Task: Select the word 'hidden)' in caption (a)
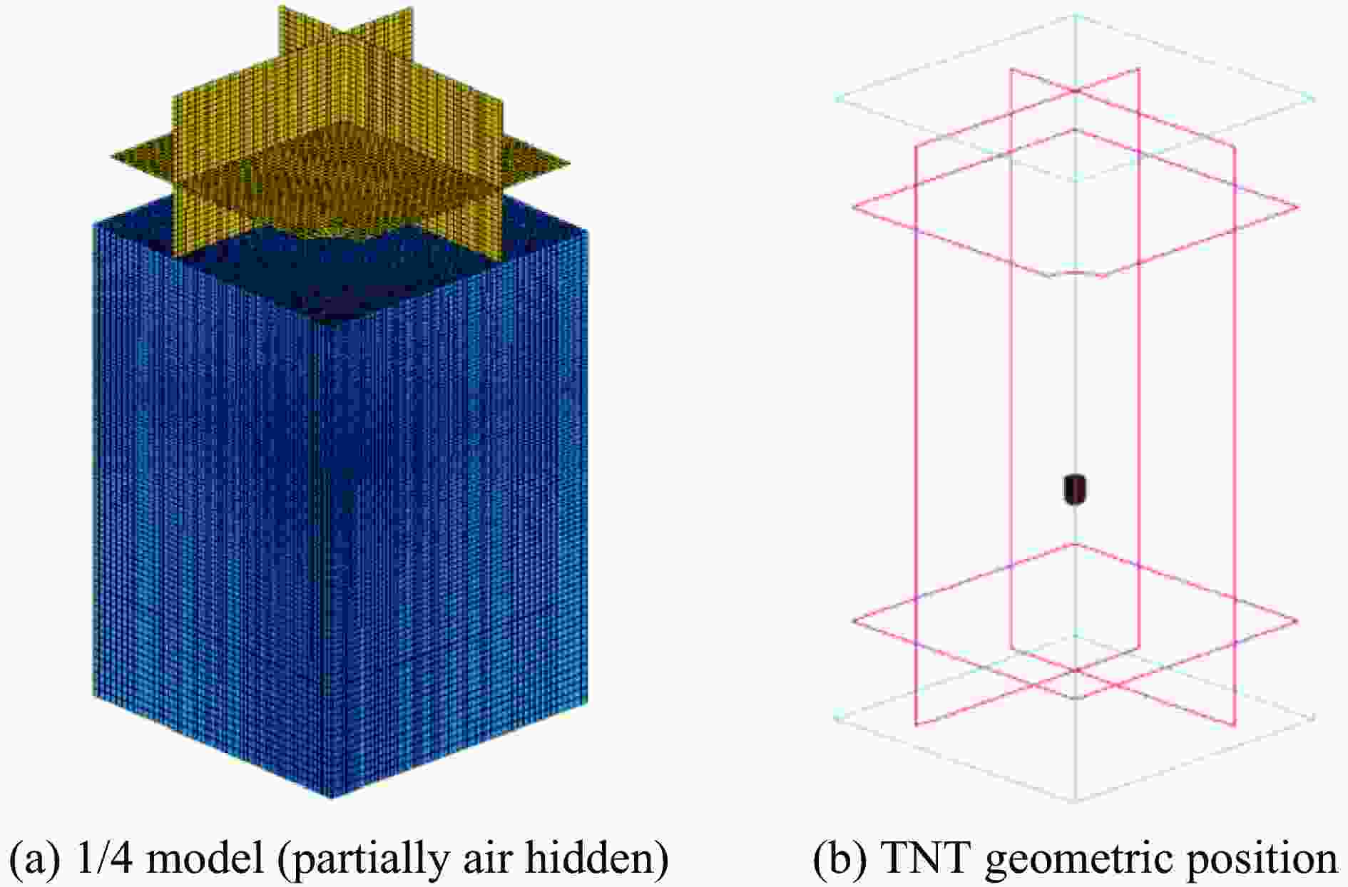point(596,860)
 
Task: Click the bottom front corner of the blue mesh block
point(332,797)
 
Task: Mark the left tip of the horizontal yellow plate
point(112,155)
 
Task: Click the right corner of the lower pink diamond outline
point(1298,621)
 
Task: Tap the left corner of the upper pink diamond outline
point(854,207)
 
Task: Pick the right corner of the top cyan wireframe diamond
point(1314,98)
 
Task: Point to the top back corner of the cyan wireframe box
point(1075,14)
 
